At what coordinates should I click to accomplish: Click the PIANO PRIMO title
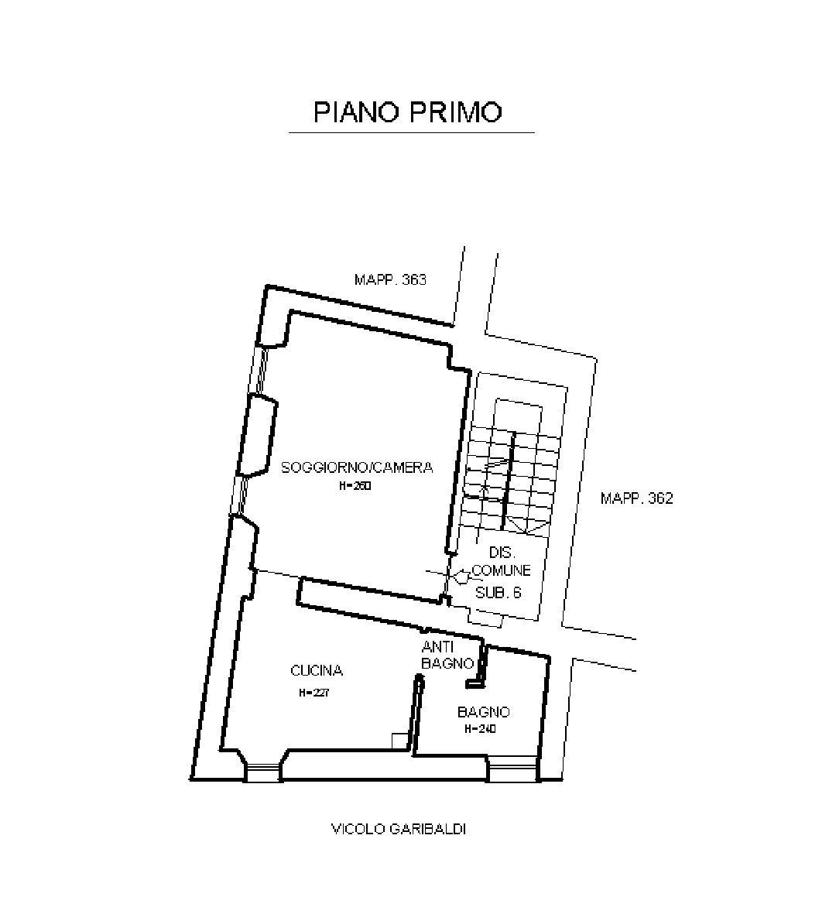pyautogui.click(x=408, y=111)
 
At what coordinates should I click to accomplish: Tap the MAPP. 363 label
pyautogui.click(x=390, y=279)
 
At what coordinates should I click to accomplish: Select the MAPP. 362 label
pyautogui.click(x=636, y=498)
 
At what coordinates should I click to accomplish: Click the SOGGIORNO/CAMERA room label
pyautogui.click(x=357, y=467)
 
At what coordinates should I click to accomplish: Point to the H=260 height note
pyautogui.click(x=355, y=487)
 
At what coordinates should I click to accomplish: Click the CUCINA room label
pyautogui.click(x=316, y=671)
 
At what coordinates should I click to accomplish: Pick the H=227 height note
pyautogui.click(x=314, y=693)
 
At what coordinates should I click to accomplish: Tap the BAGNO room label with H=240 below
pyautogui.click(x=483, y=712)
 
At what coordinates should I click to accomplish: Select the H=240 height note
pyautogui.click(x=480, y=729)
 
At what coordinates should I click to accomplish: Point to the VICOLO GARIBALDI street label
pyautogui.click(x=399, y=830)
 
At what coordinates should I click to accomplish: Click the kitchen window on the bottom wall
pyautogui.click(x=262, y=772)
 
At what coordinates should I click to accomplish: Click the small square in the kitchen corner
pyautogui.click(x=399, y=741)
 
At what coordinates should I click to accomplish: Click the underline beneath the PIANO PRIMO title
pyautogui.click(x=411, y=133)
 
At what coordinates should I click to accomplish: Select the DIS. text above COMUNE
pyautogui.click(x=502, y=553)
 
